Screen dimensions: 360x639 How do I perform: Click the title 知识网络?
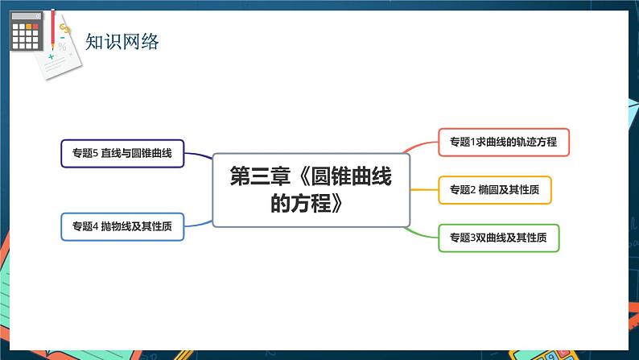(x=122, y=40)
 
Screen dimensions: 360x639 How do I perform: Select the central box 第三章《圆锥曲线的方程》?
(x=310, y=190)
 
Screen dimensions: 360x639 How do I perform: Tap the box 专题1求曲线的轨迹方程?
(x=504, y=142)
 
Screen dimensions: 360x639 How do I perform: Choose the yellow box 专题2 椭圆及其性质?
(x=495, y=189)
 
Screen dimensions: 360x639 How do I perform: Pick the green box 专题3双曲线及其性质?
(x=498, y=238)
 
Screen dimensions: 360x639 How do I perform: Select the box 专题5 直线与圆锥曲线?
(x=122, y=153)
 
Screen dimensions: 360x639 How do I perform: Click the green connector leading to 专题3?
(x=423, y=232)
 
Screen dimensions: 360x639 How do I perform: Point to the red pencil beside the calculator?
(x=53, y=27)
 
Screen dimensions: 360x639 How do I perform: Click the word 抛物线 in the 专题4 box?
(x=114, y=226)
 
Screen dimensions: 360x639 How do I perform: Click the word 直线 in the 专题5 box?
(x=109, y=153)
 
